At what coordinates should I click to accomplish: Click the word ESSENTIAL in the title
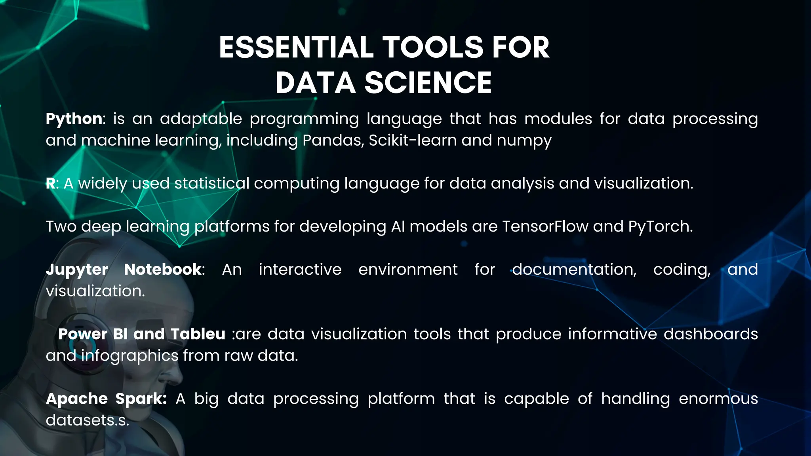pyautogui.click(x=296, y=47)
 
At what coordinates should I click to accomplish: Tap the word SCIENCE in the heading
pyautogui.click(x=428, y=83)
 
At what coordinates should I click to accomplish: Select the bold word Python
pyautogui.click(x=74, y=119)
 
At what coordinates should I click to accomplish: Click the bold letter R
pyautogui.click(x=50, y=183)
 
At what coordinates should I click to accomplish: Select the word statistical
pyautogui.click(x=212, y=183)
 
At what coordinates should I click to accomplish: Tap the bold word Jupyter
pyautogui.click(x=77, y=270)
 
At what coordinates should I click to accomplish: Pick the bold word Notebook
pyautogui.click(x=163, y=270)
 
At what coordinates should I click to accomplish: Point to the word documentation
pyautogui.click(x=574, y=270)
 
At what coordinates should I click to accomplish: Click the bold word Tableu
pyautogui.click(x=198, y=334)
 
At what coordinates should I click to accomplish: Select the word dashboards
pyautogui.click(x=711, y=334)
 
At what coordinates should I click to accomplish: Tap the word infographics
pyautogui.click(x=130, y=356)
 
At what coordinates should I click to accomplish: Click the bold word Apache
pyautogui.click(x=77, y=399)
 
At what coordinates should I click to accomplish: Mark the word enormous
pyautogui.click(x=718, y=399)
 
